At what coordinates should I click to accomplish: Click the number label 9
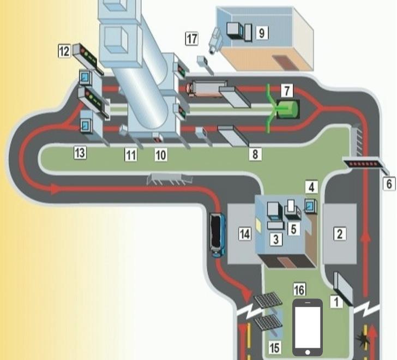(x=262, y=33)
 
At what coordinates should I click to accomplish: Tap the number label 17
(x=191, y=39)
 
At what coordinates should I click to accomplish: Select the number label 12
(x=65, y=51)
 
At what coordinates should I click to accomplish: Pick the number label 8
(x=255, y=154)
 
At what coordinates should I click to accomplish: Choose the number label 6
(x=389, y=184)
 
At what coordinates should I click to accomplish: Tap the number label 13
(x=80, y=153)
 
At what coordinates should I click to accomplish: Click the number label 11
(x=130, y=155)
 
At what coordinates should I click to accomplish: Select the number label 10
(x=160, y=155)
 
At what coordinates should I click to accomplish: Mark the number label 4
(x=311, y=188)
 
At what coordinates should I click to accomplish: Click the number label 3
(x=276, y=238)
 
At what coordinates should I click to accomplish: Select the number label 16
(x=299, y=289)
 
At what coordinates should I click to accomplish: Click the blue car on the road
(x=216, y=235)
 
